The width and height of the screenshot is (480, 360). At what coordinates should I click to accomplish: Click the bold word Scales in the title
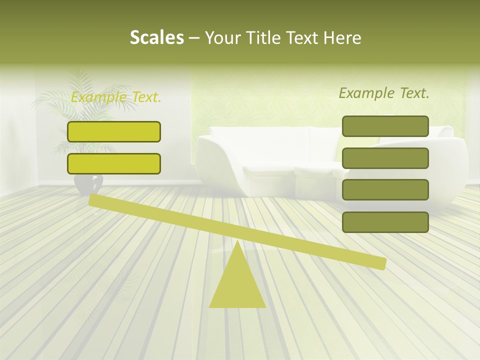(157, 37)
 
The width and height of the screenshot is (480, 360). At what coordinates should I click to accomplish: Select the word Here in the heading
(342, 37)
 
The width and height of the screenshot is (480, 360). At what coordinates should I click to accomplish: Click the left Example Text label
(116, 97)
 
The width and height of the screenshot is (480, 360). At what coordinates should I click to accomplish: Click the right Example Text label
(384, 93)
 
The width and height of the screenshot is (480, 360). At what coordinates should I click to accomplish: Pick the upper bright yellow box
(114, 131)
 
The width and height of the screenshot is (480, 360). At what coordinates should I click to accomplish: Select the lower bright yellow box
(114, 163)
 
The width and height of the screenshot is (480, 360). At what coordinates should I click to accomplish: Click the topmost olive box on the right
(385, 126)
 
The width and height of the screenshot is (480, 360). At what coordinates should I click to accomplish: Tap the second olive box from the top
(385, 158)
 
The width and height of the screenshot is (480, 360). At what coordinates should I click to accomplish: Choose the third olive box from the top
(385, 190)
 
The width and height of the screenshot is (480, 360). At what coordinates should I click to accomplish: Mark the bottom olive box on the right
(385, 222)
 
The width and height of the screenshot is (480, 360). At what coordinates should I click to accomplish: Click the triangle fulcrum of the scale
(237, 285)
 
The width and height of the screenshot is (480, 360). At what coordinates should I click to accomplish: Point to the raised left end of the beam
(93, 200)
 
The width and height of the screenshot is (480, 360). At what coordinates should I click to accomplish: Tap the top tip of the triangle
(237, 243)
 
